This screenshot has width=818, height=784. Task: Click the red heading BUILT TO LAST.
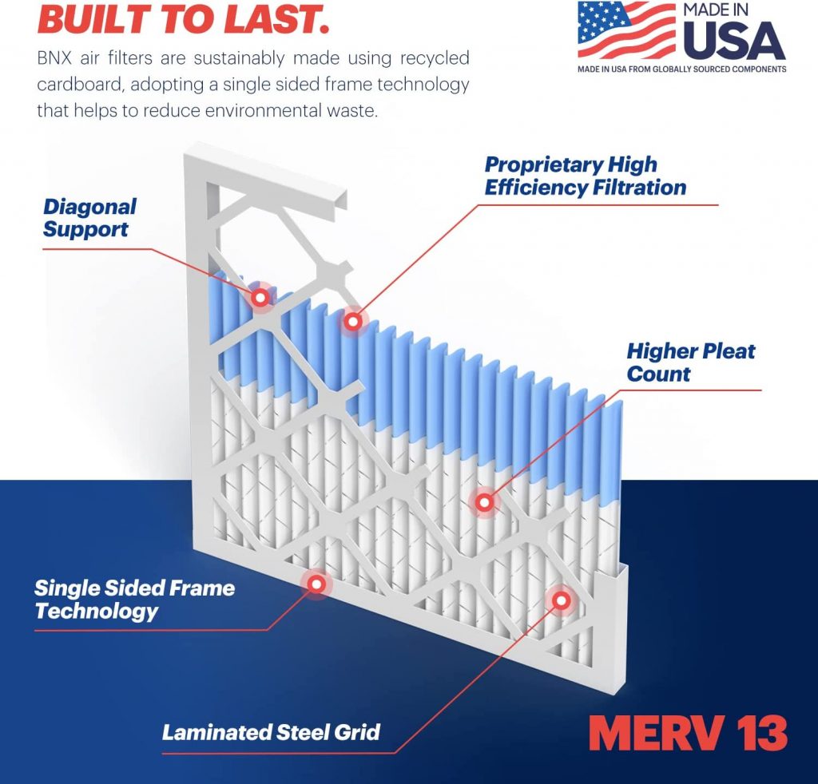(x=183, y=19)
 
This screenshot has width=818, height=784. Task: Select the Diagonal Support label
(x=89, y=218)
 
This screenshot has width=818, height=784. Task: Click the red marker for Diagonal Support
(x=260, y=297)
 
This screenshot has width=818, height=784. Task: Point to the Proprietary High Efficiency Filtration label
(x=586, y=176)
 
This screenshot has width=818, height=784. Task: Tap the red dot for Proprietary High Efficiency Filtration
(x=352, y=321)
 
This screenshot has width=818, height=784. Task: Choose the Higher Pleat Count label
(x=690, y=362)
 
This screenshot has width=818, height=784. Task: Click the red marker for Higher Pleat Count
(x=483, y=502)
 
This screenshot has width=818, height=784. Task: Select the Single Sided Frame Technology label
(x=134, y=600)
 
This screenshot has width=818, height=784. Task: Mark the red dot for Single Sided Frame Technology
(x=316, y=584)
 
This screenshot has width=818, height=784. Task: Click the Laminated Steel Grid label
(x=271, y=731)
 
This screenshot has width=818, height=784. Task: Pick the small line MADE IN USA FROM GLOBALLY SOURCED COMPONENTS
(x=681, y=69)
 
